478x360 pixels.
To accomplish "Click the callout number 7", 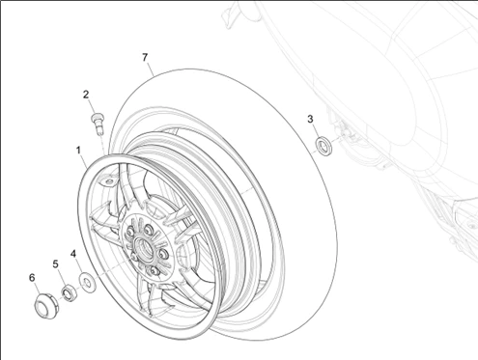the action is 145,57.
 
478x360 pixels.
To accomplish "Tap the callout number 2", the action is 86,95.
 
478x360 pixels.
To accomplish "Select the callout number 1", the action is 78,151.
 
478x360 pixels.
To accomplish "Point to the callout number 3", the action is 310,119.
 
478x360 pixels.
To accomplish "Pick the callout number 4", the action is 73,254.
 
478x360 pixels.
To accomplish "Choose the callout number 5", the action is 56,264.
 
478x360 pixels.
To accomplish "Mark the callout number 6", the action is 32,278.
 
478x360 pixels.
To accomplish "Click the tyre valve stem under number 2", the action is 97,123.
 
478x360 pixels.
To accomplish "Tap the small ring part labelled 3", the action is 323,145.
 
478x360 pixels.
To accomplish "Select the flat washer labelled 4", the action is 87,283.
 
